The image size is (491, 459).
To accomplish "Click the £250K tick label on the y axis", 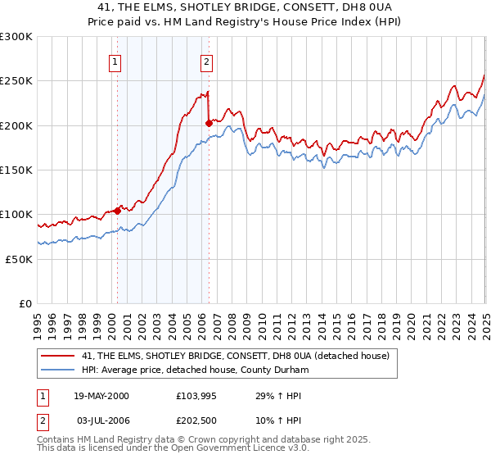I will pos(16,81).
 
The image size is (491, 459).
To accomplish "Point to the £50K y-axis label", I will pos(19,259).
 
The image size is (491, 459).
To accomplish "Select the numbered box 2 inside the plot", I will pos(206,61).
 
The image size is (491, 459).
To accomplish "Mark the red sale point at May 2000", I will pos(117,211).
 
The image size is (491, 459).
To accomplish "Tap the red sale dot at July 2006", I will pos(209,124).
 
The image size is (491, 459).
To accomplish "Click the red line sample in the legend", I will pos(58,355).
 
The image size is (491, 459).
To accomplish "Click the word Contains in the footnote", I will pos(57,440).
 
